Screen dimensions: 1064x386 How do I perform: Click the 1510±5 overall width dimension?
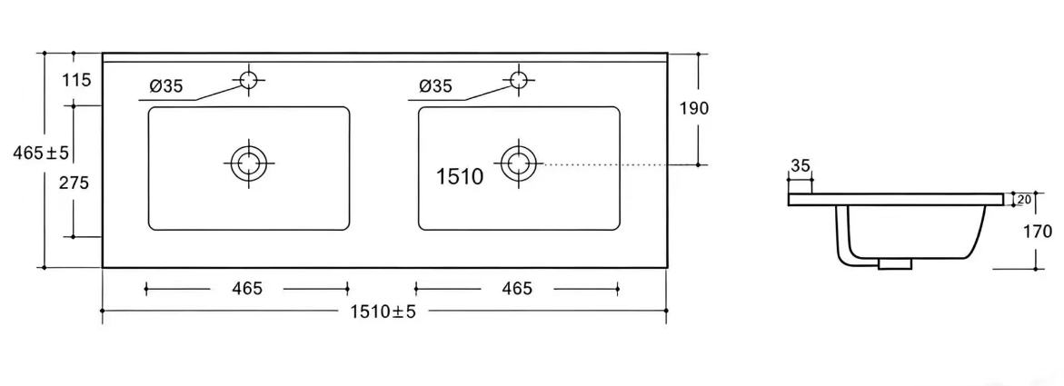(383, 312)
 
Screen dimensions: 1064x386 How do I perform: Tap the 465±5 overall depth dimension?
(42, 153)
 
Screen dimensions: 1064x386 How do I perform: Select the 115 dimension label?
(76, 81)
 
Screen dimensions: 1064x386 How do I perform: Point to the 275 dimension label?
(75, 183)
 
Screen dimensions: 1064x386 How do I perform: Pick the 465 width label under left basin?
(247, 289)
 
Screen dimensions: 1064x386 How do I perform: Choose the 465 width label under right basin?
(517, 289)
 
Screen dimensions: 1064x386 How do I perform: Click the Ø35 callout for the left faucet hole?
(166, 86)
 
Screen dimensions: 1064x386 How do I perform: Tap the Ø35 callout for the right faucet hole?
(435, 86)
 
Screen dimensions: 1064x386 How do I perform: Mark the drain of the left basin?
(249, 163)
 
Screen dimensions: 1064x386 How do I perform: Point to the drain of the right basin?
(519, 163)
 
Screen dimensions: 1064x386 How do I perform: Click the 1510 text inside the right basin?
(460, 177)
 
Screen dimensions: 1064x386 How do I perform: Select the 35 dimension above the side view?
(800, 165)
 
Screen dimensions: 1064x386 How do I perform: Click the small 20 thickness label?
(1024, 199)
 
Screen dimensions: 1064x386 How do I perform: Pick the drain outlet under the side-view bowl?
(894, 264)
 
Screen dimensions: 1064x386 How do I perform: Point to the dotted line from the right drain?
(607, 164)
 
